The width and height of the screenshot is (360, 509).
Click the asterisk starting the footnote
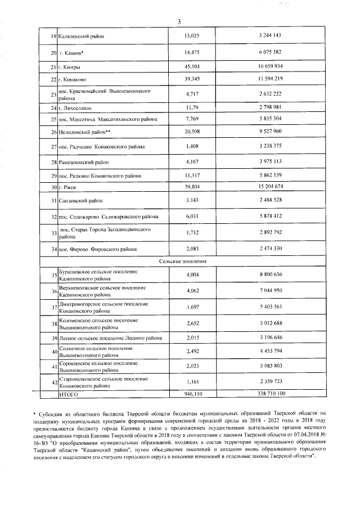[x=35, y=413]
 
